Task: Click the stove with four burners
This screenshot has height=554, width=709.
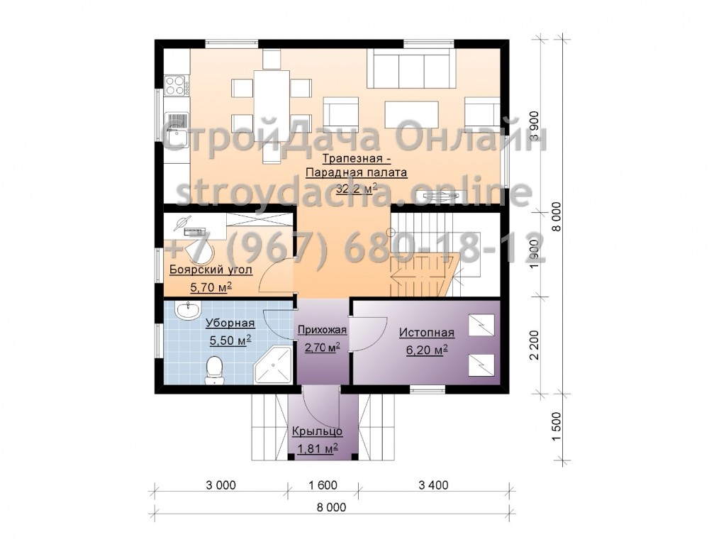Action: pos(177,85)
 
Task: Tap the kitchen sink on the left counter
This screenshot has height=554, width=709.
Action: pos(177,129)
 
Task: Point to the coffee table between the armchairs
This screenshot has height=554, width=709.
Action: pos(411,113)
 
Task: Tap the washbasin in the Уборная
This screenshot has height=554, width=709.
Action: pos(189,310)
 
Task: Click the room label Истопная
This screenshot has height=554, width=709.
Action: pos(426,333)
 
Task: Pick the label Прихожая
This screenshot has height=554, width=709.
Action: pos(322,330)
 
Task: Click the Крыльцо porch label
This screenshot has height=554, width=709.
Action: pos(317,431)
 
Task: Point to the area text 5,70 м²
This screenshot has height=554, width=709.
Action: pos(211,287)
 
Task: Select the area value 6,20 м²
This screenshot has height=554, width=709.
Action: pos(427,350)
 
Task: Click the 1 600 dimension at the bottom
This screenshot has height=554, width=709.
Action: pos(323,485)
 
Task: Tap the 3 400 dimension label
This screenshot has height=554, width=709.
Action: pos(433,485)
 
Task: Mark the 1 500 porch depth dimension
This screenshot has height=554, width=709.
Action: pos(556,427)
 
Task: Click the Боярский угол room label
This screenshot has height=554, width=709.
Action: pos(211,270)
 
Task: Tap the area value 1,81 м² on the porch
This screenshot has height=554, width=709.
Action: pos(318,448)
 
